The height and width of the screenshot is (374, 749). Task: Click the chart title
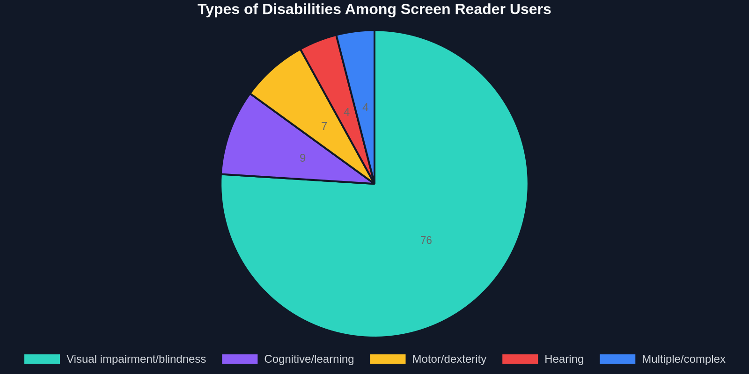(374, 9)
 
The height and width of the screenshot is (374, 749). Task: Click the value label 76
(426, 240)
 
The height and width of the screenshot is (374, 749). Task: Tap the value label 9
(302, 158)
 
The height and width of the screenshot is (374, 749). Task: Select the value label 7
(324, 126)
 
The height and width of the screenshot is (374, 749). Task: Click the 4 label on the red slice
(347, 112)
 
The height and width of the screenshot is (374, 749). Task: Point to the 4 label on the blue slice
(366, 108)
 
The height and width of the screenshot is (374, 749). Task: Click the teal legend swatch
(42, 359)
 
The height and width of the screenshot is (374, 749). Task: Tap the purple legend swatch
(240, 359)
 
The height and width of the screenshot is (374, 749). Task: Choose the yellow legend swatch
(388, 359)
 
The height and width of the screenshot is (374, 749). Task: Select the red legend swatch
(520, 359)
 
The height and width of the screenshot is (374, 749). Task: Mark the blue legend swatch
(617, 359)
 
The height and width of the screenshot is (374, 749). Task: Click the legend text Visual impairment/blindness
(136, 359)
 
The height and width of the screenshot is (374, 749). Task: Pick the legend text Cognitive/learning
(309, 359)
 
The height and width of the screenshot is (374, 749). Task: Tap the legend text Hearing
(564, 359)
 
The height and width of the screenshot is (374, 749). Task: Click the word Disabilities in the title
(301, 9)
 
